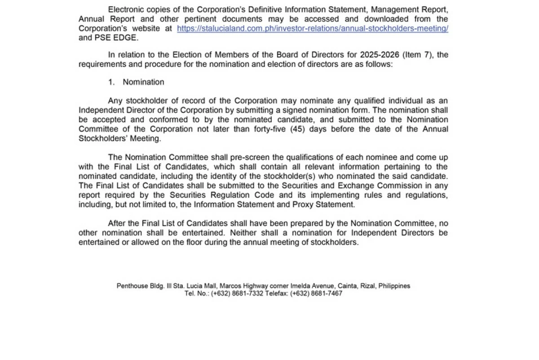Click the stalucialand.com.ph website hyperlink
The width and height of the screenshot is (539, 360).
pos(313,28)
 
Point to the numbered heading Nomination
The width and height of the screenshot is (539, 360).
pos(143,82)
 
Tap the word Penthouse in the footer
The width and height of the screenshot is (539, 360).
pos(132,286)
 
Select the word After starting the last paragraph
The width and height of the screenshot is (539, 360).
pos(117,223)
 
